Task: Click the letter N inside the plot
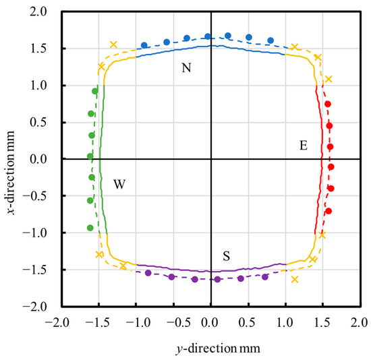point(186,68)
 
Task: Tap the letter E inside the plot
point(304,146)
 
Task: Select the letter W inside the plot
point(119,184)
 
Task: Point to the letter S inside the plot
point(226,256)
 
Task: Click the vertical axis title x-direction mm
point(11,173)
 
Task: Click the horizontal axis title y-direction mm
point(218,349)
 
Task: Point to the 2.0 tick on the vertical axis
point(38,12)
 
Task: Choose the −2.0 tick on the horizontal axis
point(57,323)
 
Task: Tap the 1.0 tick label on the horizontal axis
point(286,323)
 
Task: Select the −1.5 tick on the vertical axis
point(35,270)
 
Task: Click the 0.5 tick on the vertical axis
point(38,123)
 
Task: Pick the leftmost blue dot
point(144,45)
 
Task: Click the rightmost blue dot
point(270,40)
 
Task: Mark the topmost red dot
point(328,104)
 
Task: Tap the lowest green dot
point(90,228)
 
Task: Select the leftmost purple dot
point(148,273)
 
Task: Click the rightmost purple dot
point(265,276)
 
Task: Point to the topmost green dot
point(95,91)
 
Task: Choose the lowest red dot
point(329,211)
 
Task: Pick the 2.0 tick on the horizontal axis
point(361,323)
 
